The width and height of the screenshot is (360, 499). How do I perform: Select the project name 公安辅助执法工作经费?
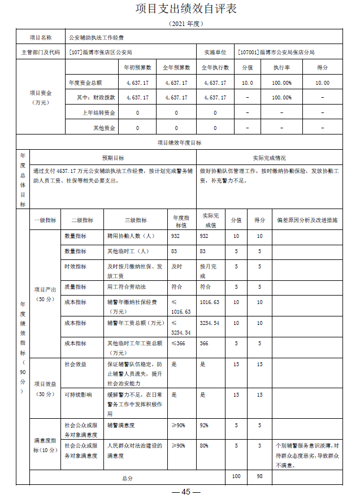(x=97, y=37)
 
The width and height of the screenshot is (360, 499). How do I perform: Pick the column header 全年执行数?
(x=215, y=67)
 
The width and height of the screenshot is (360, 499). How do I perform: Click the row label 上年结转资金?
(x=99, y=112)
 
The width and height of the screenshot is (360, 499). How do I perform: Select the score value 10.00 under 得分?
(x=323, y=83)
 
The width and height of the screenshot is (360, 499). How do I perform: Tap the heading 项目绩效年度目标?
(x=179, y=143)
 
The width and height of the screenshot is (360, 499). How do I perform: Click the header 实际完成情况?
(x=269, y=158)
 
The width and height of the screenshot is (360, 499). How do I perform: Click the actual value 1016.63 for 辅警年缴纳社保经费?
(x=209, y=302)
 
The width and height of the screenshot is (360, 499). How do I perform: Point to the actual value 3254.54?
(x=209, y=323)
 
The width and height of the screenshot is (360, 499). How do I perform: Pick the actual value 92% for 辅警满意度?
(x=204, y=425)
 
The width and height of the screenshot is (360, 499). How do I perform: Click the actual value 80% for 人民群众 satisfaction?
(x=204, y=445)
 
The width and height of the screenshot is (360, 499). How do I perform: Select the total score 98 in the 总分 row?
(x=259, y=477)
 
